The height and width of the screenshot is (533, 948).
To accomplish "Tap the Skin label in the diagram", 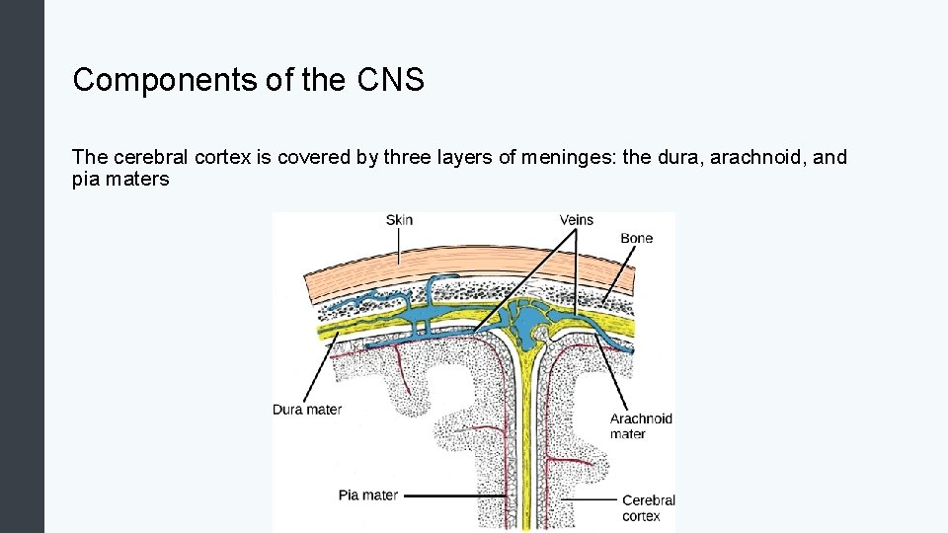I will coord(399,220).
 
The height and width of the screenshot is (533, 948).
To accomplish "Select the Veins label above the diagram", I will coord(577,219).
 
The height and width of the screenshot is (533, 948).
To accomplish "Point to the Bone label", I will coord(636,238).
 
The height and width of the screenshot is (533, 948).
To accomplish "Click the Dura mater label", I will coord(307,409).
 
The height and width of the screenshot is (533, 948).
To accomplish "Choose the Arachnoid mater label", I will coord(641,425).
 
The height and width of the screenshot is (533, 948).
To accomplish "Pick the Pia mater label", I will coord(367,495).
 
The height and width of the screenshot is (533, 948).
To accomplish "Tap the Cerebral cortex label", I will coord(648,507).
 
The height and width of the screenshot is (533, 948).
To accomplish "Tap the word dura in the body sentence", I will coord(658,157).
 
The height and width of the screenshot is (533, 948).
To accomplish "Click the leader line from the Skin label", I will coord(399,246).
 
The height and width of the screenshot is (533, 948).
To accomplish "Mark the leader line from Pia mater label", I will coord(454,495).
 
